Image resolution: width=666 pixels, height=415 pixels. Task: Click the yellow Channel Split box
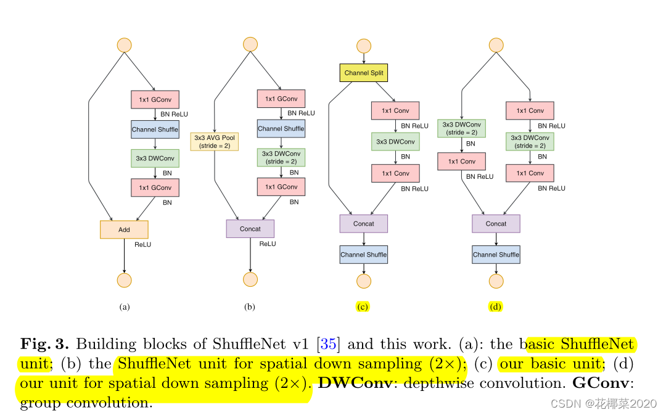click(364, 73)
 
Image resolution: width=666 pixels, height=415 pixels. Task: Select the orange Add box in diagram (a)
click(124, 229)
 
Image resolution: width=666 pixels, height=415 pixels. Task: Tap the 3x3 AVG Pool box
click(215, 142)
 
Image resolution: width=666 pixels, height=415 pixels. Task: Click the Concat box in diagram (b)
click(250, 229)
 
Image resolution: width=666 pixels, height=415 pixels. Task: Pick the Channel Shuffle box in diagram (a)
click(155, 129)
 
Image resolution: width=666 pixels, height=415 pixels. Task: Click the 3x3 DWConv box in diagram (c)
click(395, 142)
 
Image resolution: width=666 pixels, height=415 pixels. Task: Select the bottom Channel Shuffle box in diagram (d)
click(496, 255)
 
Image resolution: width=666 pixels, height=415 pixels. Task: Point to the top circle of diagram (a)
click(125, 45)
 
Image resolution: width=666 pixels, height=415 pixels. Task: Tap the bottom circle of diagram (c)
click(364, 281)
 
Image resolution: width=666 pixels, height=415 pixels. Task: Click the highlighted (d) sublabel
click(495, 306)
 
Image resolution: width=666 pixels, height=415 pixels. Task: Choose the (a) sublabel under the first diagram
click(125, 306)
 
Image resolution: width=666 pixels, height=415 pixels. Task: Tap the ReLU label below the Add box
click(142, 245)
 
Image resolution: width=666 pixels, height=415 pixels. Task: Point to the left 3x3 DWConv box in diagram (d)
click(462, 128)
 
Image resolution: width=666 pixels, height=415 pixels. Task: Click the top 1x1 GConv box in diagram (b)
click(281, 99)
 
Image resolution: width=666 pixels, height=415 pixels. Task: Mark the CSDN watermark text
click(604, 403)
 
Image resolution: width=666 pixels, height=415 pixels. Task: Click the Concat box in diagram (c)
click(364, 224)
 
